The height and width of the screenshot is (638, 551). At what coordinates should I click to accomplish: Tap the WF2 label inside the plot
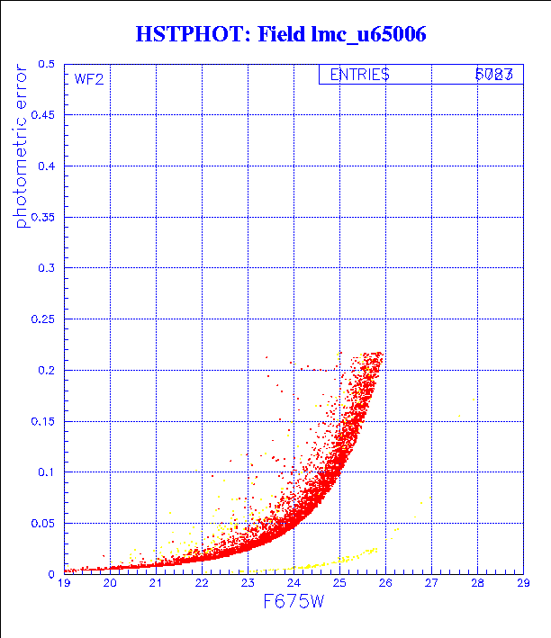click(88, 79)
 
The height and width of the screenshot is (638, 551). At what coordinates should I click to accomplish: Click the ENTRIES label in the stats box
click(359, 76)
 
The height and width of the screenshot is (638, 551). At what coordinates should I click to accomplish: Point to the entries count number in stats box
click(494, 76)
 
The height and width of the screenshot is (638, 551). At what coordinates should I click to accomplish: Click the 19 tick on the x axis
click(64, 584)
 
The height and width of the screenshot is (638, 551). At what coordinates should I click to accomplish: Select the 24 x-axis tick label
click(293, 584)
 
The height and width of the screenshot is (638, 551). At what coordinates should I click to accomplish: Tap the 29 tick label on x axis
click(522, 584)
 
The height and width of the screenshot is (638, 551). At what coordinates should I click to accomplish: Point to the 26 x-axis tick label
click(384, 584)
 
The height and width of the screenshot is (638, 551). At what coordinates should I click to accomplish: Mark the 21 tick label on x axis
click(156, 584)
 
